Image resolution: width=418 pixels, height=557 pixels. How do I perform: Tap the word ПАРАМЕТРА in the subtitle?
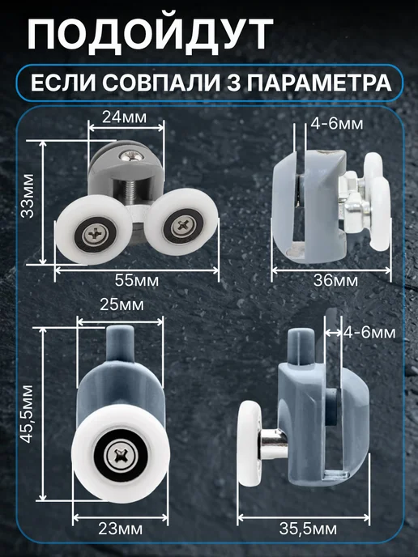[x=319, y=83]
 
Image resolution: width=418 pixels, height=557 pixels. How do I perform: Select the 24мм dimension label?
[x=124, y=117]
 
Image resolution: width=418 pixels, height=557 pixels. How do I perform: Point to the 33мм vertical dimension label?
[x=28, y=196]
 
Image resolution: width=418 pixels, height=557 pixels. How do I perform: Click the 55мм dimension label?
[x=136, y=280]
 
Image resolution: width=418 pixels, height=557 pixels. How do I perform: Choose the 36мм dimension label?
[x=335, y=280]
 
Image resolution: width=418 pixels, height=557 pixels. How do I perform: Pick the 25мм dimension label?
[x=122, y=304]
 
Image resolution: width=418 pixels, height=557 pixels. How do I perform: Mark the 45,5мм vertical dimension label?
[x=26, y=414]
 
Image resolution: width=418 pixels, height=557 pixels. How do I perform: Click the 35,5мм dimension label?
[x=308, y=529]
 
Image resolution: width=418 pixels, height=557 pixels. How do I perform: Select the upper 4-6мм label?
[x=337, y=124]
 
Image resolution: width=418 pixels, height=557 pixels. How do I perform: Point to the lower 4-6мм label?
[x=369, y=333]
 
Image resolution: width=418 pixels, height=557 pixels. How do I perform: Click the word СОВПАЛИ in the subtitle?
[x=161, y=83]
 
